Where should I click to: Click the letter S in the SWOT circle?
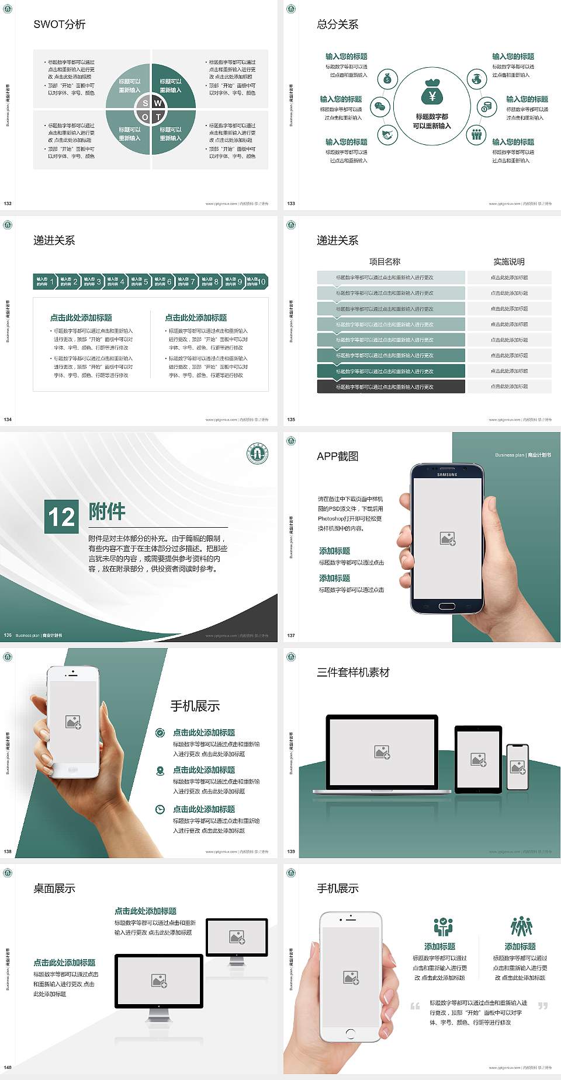click(146, 103)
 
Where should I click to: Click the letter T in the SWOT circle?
click(158, 117)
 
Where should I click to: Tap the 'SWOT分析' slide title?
click(60, 25)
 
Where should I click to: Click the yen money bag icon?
click(432, 93)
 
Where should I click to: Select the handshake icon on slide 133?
click(387, 135)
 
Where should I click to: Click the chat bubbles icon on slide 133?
click(380, 107)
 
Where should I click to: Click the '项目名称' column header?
click(385, 262)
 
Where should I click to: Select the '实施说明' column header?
click(509, 262)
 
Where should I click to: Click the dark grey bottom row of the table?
click(391, 386)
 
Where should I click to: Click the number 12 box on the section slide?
click(62, 517)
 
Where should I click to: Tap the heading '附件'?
click(107, 511)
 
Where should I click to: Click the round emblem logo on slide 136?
click(257, 454)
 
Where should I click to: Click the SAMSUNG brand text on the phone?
click(447, 475)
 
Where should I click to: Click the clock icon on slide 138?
click(160, 809)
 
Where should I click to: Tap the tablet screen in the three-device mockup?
click(478, 759)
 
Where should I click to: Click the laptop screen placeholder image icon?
click(382, 752)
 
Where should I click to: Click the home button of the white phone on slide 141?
click(351, 1033)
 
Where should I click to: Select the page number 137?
click(291, 635)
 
